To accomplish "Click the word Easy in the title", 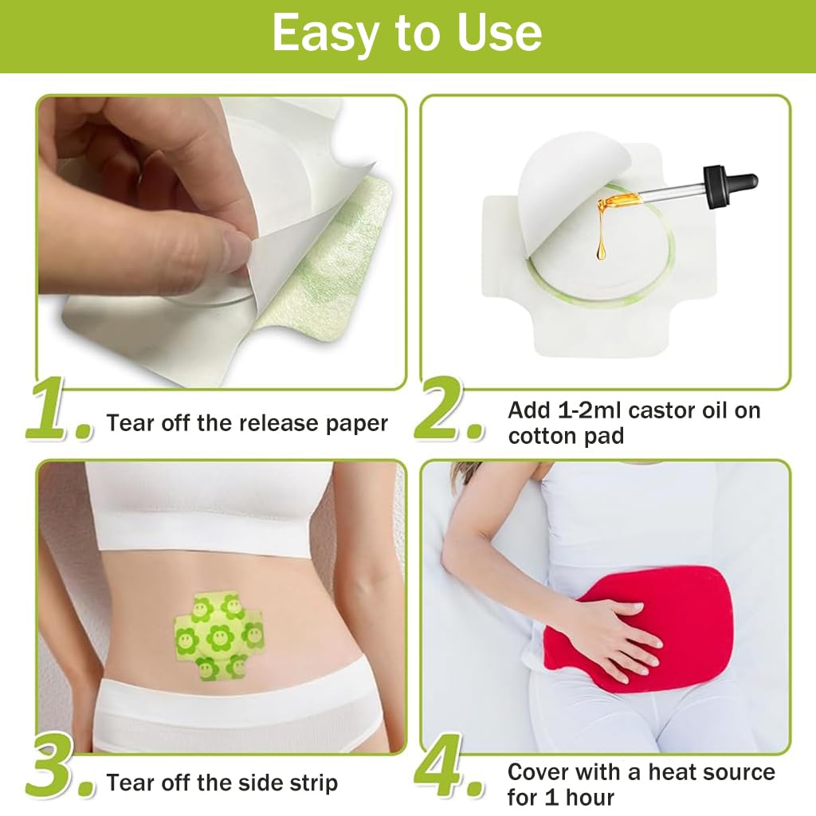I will (328, 33).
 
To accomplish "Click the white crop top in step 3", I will (209, 510).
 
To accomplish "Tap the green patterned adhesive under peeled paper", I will (335, 263).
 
